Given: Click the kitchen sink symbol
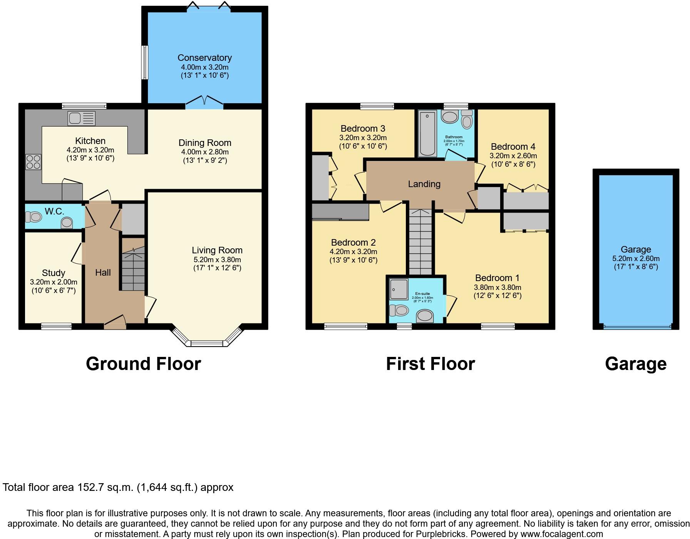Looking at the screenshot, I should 81,118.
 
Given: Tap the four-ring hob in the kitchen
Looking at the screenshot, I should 33,162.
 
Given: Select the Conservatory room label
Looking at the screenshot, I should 204,58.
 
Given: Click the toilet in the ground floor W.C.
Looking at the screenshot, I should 34,217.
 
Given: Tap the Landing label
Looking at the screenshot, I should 424,184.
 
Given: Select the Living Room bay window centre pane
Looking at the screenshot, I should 207,343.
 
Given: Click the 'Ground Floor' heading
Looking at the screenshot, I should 143,364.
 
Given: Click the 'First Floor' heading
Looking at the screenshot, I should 430,364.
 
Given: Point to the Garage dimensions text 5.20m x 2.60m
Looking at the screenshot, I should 636,258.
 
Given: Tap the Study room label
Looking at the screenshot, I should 53,273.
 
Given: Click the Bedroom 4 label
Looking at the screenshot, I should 513,147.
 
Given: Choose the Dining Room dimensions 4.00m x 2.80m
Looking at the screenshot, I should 205,152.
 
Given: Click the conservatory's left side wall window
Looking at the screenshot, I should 145,62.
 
